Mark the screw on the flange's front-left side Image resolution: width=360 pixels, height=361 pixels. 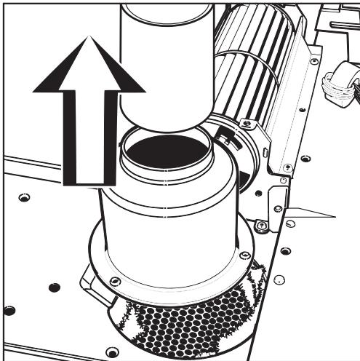[x=114, y=280]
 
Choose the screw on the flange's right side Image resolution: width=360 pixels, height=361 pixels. [x=246, y=255]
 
